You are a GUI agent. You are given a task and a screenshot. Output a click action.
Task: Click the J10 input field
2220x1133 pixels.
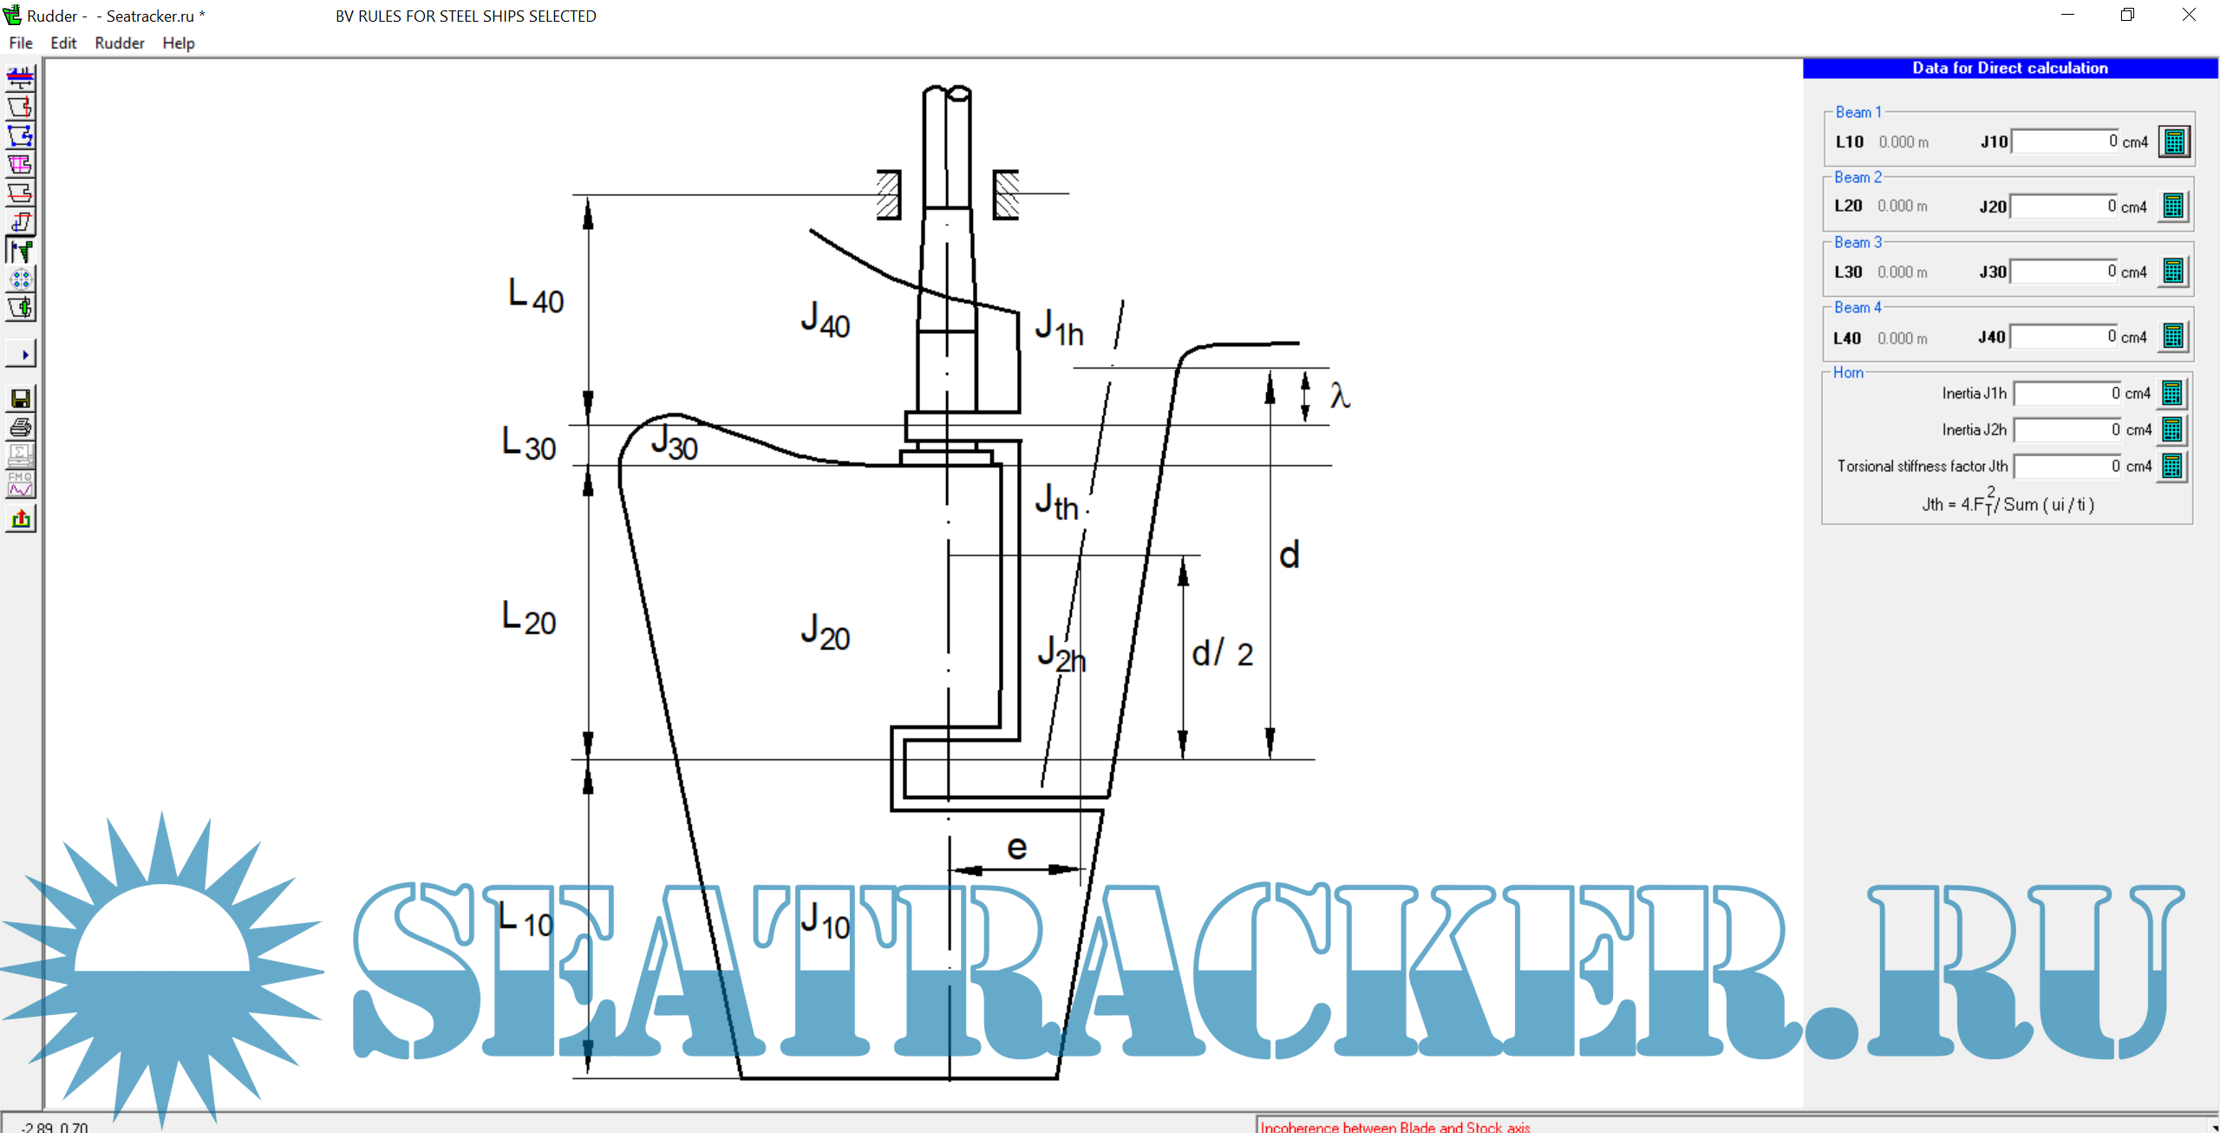click(2065, 141)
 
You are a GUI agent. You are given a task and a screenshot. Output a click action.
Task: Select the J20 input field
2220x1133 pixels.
click(2063, 206)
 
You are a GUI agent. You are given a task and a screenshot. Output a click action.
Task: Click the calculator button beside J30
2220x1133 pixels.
click(2173, 272)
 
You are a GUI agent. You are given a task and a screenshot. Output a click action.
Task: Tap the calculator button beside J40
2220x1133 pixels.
click(2173, 337)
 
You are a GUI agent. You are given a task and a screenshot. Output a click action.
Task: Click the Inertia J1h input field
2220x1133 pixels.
click(2067, 394)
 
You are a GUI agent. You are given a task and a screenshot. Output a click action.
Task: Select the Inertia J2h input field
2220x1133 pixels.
click(2067, 430)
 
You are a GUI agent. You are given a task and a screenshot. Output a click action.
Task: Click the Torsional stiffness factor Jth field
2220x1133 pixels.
click(2067, 467)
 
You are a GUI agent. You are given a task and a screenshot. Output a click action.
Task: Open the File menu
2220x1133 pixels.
click(21, 43)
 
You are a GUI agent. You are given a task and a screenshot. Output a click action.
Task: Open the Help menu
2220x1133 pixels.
click(179, 43)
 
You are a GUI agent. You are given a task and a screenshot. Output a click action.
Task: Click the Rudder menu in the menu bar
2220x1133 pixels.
click(120, 43)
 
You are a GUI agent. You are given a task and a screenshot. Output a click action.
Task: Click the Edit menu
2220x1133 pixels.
click(63, 43)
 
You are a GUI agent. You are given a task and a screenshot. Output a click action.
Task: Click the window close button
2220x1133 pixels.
click(2189, 15)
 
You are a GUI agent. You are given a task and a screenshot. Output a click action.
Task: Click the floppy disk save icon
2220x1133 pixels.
click(21, 399)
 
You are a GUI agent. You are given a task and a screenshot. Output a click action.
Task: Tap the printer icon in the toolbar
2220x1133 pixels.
click(21, 428)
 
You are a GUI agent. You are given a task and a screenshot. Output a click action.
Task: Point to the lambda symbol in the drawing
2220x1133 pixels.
click(1340, 396)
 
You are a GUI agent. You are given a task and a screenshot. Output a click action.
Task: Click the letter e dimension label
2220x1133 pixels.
click(1017, 847)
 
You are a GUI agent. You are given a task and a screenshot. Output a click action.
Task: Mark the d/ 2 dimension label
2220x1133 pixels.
click(1222, 653)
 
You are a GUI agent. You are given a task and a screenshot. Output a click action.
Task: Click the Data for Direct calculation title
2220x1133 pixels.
click(2010, 69)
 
